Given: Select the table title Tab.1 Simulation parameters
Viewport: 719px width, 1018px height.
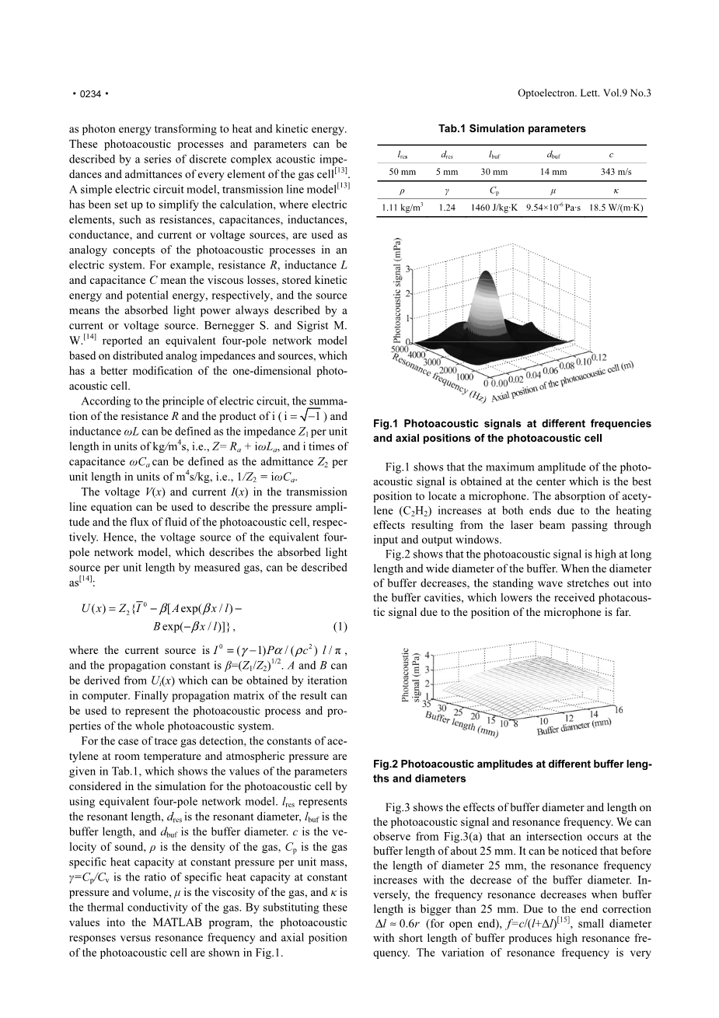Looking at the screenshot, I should pos(511,128).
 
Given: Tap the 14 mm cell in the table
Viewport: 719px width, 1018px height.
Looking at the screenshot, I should pos(552,172).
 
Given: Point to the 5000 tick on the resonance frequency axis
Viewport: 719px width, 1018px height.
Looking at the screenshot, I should pos(401,350).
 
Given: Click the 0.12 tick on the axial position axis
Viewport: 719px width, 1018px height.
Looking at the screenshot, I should pos(599,357).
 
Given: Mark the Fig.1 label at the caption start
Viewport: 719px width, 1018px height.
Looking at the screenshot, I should pos(386,424).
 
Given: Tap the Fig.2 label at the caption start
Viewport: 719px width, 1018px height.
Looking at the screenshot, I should pos(386,764).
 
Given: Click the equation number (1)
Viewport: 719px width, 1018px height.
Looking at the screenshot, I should pos(340,626).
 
